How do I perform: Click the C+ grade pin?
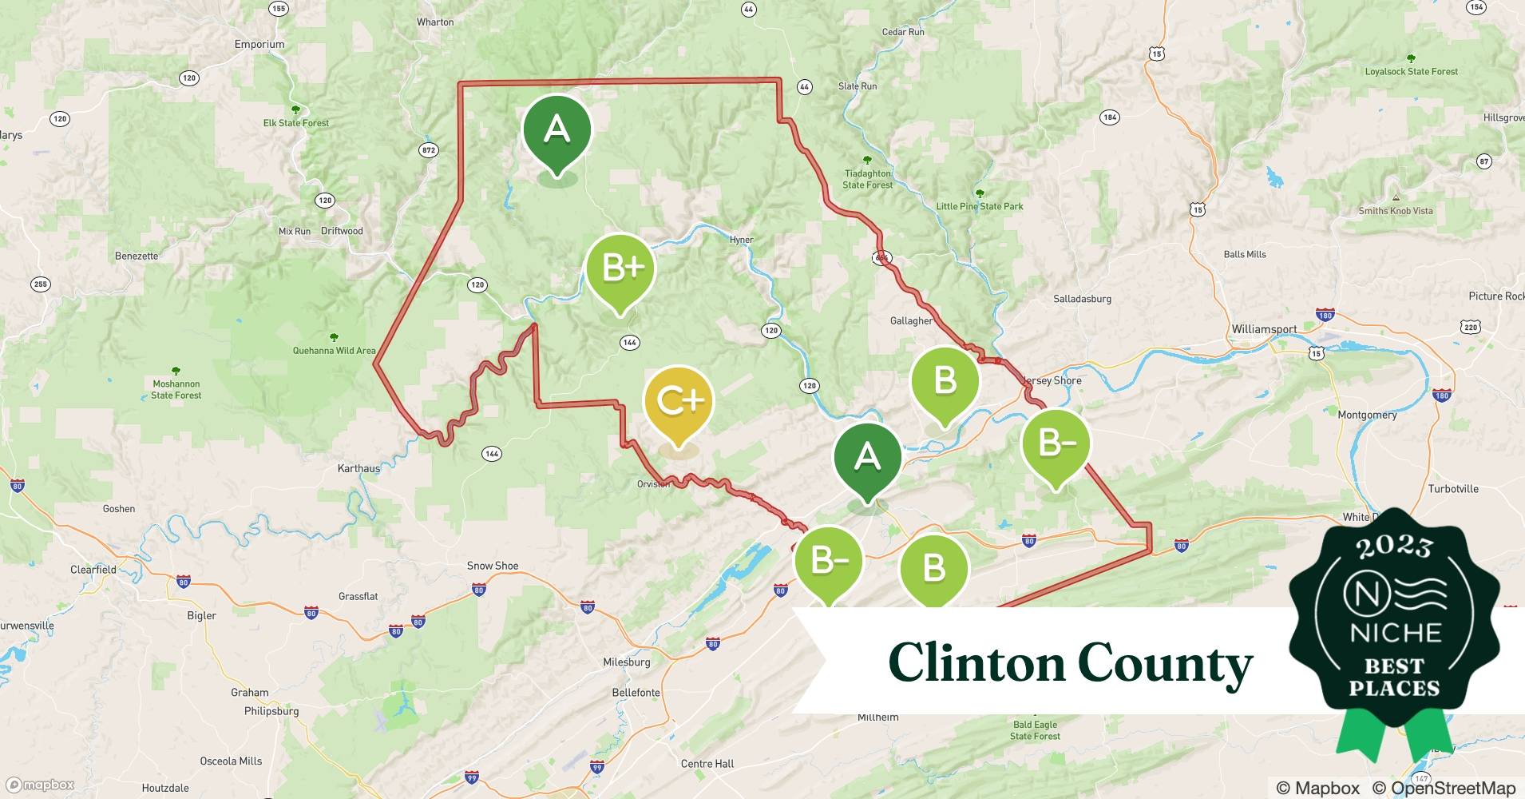(x=678, y=402)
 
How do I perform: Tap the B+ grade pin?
(x=620, y=270)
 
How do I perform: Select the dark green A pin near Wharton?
(x=557, y=131)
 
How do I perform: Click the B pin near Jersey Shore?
(x=945, y=382)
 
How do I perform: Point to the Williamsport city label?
(x=1264, y=329)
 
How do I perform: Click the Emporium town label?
(x=259, y=45)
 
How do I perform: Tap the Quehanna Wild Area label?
(x=334, y=350)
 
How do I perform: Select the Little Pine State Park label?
(x=980, y=206)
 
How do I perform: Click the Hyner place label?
(x=741, y=240)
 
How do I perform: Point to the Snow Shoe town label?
(x=493, y=566)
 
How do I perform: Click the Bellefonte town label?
(x=636, y=693)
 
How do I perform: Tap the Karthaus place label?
(x=358, y=469)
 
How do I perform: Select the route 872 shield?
(x=429, y=150)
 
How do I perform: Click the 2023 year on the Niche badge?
(x=1394, y=547)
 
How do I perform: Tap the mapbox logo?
(x=42, y=785)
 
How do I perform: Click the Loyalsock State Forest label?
(x=1411, y=71)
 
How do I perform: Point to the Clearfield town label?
(x=93, y=570)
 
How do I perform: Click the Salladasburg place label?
(x=1082, y=299)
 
